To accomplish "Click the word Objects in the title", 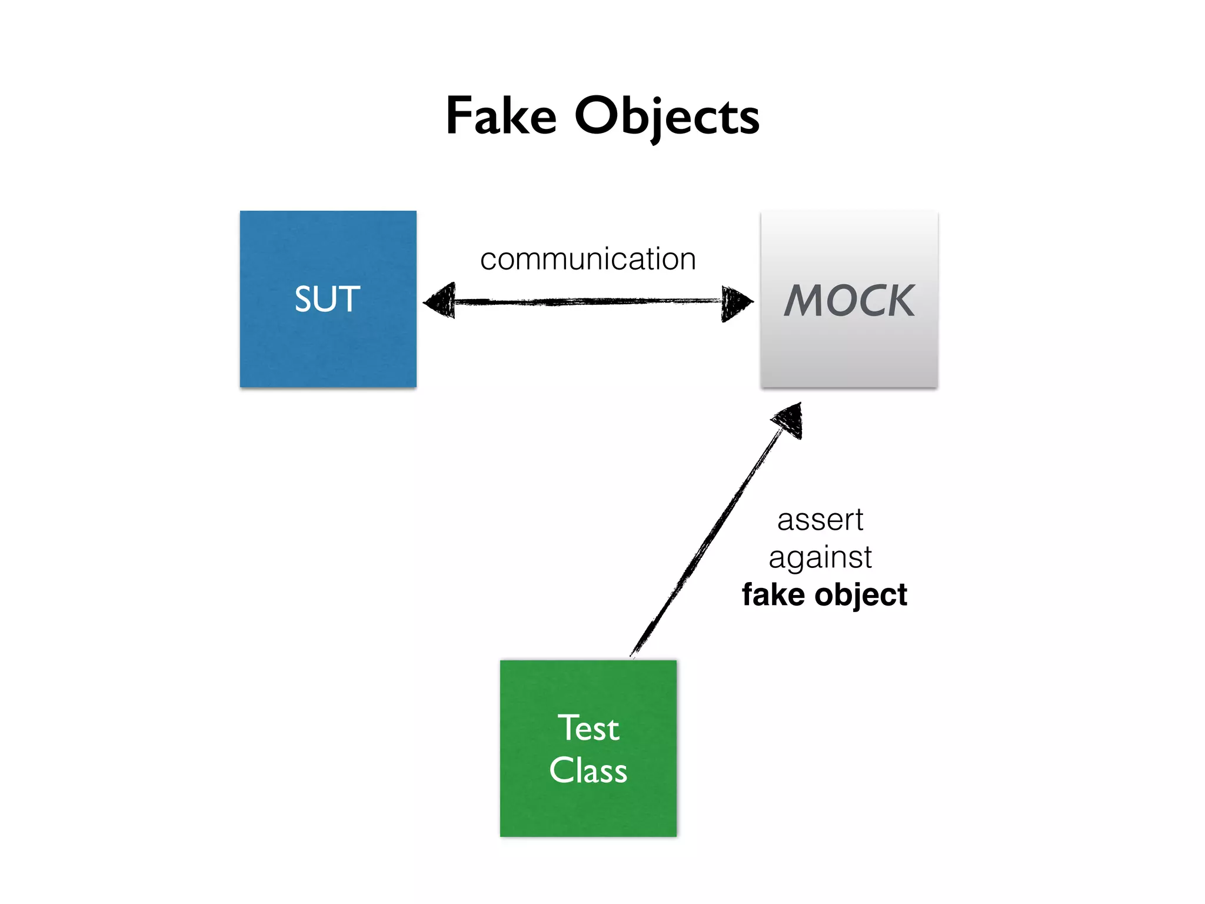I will [667, 117].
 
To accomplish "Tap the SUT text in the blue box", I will [327, 299].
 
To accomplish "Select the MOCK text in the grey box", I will [849, 301].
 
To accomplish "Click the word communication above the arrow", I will [588, 259].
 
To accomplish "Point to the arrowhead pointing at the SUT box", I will [440, 301].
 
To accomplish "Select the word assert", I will [820, 520].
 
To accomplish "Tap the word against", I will [820, 557].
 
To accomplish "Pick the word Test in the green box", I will [588, 728].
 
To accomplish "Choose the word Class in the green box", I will [588, 770].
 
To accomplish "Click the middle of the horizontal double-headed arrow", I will [588, 302].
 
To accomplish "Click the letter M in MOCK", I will [805, 301].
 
